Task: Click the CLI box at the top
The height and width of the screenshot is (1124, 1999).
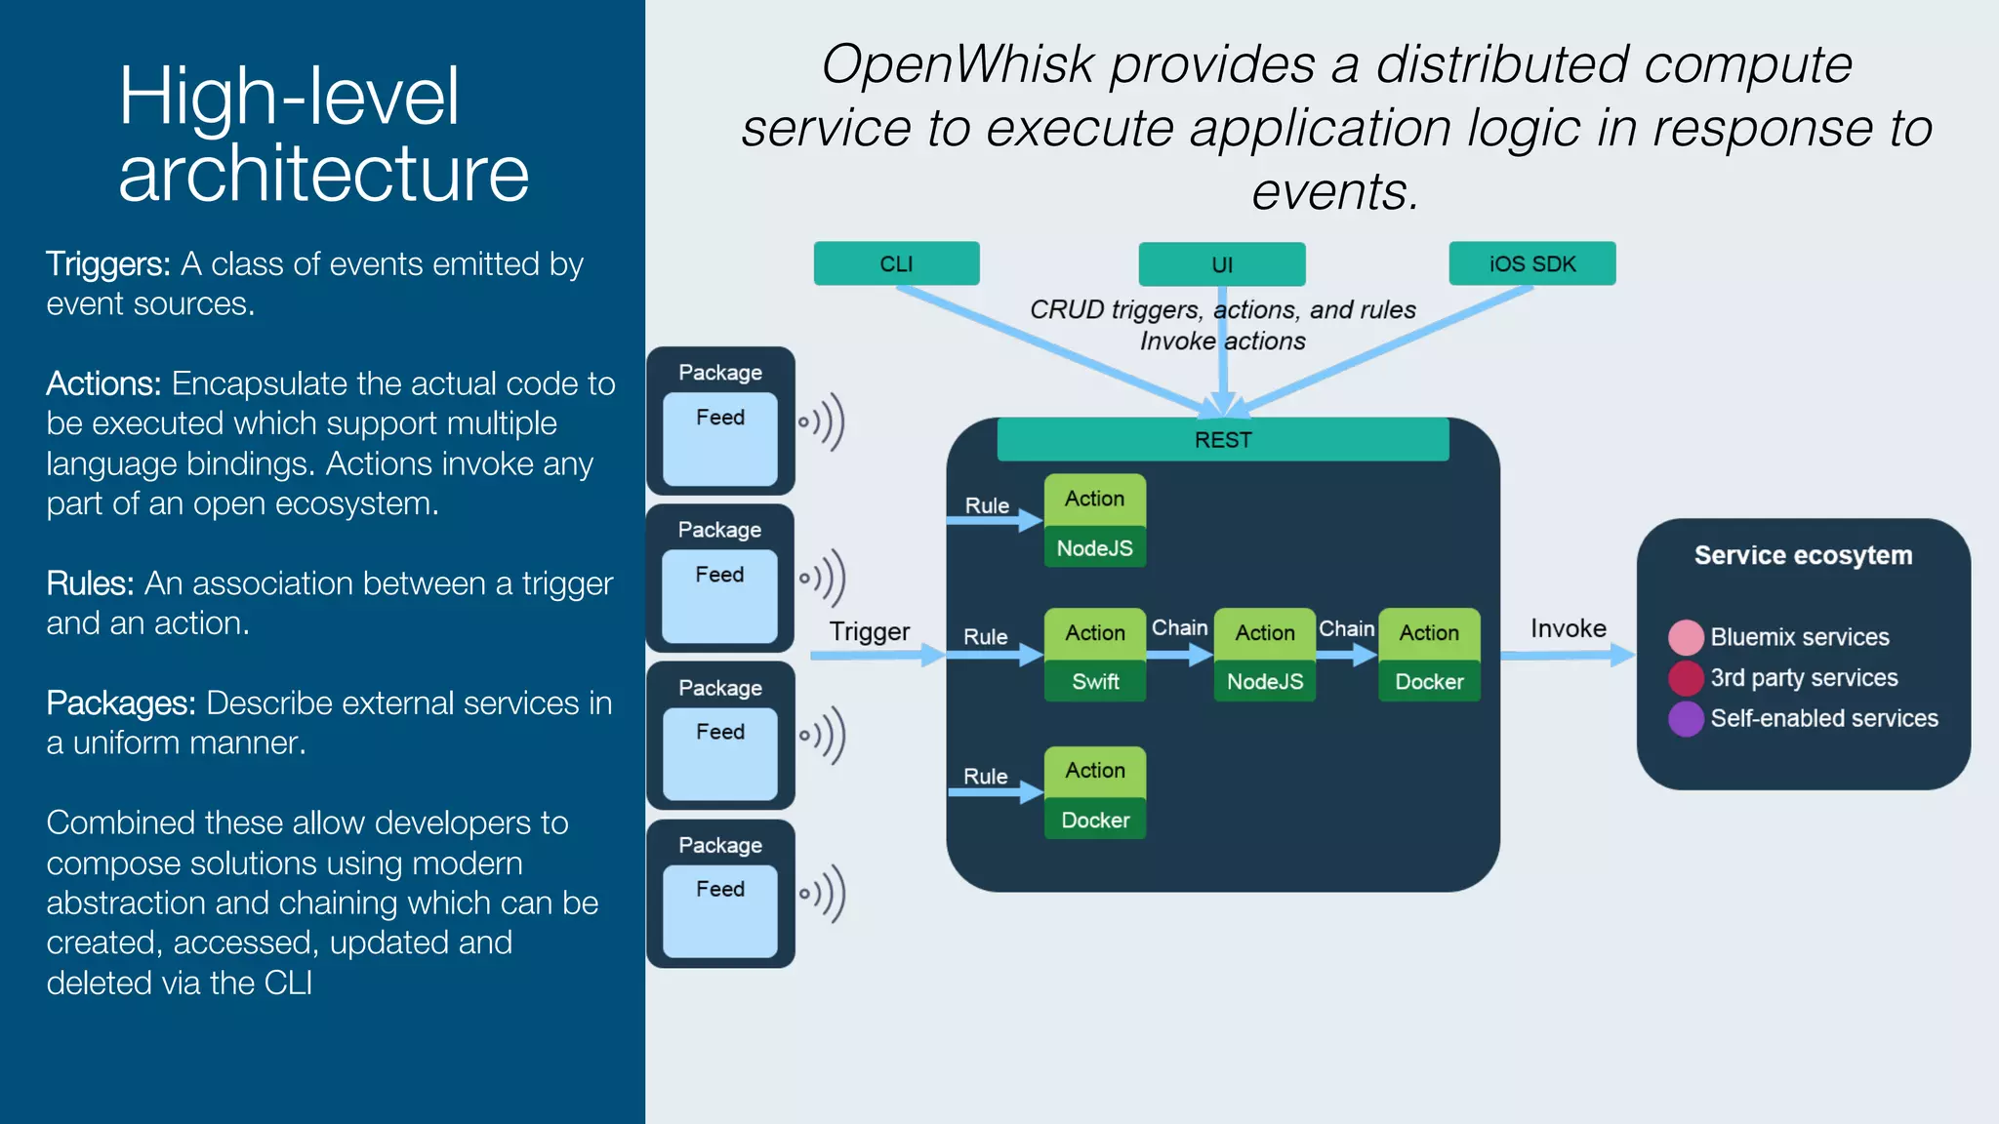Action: pos(896,263)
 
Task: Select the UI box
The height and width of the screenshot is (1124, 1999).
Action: pos(1221,264)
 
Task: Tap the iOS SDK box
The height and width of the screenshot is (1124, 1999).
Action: pos(1531,263)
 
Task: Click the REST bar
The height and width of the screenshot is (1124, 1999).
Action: pos(1222,440)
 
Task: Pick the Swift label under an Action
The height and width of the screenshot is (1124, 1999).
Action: pos(1094,682)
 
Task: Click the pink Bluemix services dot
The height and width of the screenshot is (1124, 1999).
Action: pos(1686,637)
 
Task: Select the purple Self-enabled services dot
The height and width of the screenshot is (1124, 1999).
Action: pos(1686,719)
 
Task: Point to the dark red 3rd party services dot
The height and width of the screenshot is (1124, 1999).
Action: pos(1686,678)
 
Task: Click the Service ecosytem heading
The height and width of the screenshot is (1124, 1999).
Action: pos(1803,555)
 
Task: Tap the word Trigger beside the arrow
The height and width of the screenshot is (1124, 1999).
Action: pos(869,632)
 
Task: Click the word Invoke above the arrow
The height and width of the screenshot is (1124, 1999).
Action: pos(1568,628)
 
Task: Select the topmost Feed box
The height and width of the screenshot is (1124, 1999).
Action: pos(720,438)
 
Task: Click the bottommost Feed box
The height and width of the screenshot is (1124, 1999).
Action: pos(720,910)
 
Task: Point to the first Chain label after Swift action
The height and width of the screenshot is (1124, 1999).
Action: pos(1179,627)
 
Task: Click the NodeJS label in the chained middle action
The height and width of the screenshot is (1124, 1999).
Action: pos(1264,682)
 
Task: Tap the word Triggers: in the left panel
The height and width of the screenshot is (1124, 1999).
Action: pos(108,264)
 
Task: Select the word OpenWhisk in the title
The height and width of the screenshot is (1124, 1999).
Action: pos(958,65)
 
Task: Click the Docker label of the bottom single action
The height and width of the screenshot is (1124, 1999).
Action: pos(1094,821)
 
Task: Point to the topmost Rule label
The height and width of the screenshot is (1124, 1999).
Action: pos(987,505)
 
